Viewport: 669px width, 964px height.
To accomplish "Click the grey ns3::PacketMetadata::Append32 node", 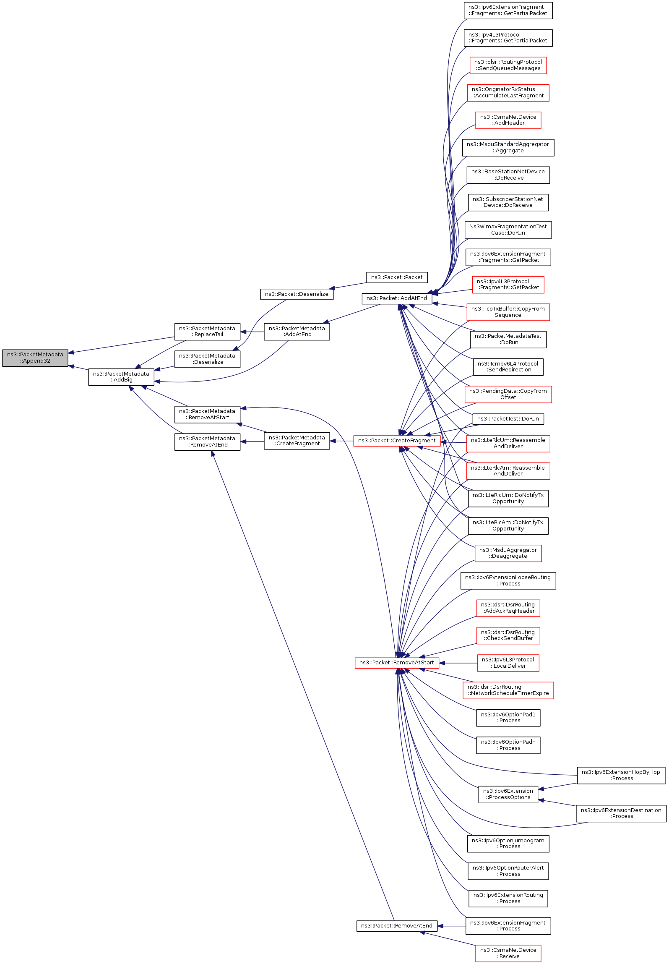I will (x=35, y=358).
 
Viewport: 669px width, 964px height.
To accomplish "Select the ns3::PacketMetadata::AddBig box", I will (x=121, y=377).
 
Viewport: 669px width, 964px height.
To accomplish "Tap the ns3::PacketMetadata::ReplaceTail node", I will (x=207, y=332).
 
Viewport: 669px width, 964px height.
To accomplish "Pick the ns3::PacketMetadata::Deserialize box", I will (x=207, y=359).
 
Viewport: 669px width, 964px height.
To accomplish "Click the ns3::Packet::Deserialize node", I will (x=297, y=294).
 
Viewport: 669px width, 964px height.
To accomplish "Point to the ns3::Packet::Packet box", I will (x=397, y=277).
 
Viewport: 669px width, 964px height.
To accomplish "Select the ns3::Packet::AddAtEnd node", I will (x=396, y=298).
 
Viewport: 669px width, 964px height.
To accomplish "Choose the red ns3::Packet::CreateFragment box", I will (x=397, y=441).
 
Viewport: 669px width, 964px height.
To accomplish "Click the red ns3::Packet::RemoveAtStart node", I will (x=397, y=663).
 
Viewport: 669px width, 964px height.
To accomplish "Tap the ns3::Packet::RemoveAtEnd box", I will (x=397, y=926).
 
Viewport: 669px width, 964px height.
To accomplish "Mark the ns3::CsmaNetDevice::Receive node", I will (x=508, y=953).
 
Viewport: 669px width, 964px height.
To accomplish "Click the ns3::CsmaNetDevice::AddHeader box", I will (x=508, y=120).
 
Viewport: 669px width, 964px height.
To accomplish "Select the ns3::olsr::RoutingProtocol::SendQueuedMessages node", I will (x=508, y=65).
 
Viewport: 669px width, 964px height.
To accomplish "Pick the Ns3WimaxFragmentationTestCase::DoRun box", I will (x=508, y=230).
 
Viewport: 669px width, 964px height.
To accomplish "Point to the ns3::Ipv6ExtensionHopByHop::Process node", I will (x=621, y=775).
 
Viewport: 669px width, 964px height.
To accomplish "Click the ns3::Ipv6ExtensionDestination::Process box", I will (x=621, y=813).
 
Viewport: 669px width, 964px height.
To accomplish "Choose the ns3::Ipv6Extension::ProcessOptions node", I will (x=508, y=794).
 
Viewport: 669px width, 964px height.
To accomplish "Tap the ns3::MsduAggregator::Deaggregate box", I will (x=508, y=553).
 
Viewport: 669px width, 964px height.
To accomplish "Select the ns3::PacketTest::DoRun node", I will (x=508, y=419).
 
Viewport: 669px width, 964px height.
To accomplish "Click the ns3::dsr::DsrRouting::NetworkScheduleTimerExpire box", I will (x=508, y=690).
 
